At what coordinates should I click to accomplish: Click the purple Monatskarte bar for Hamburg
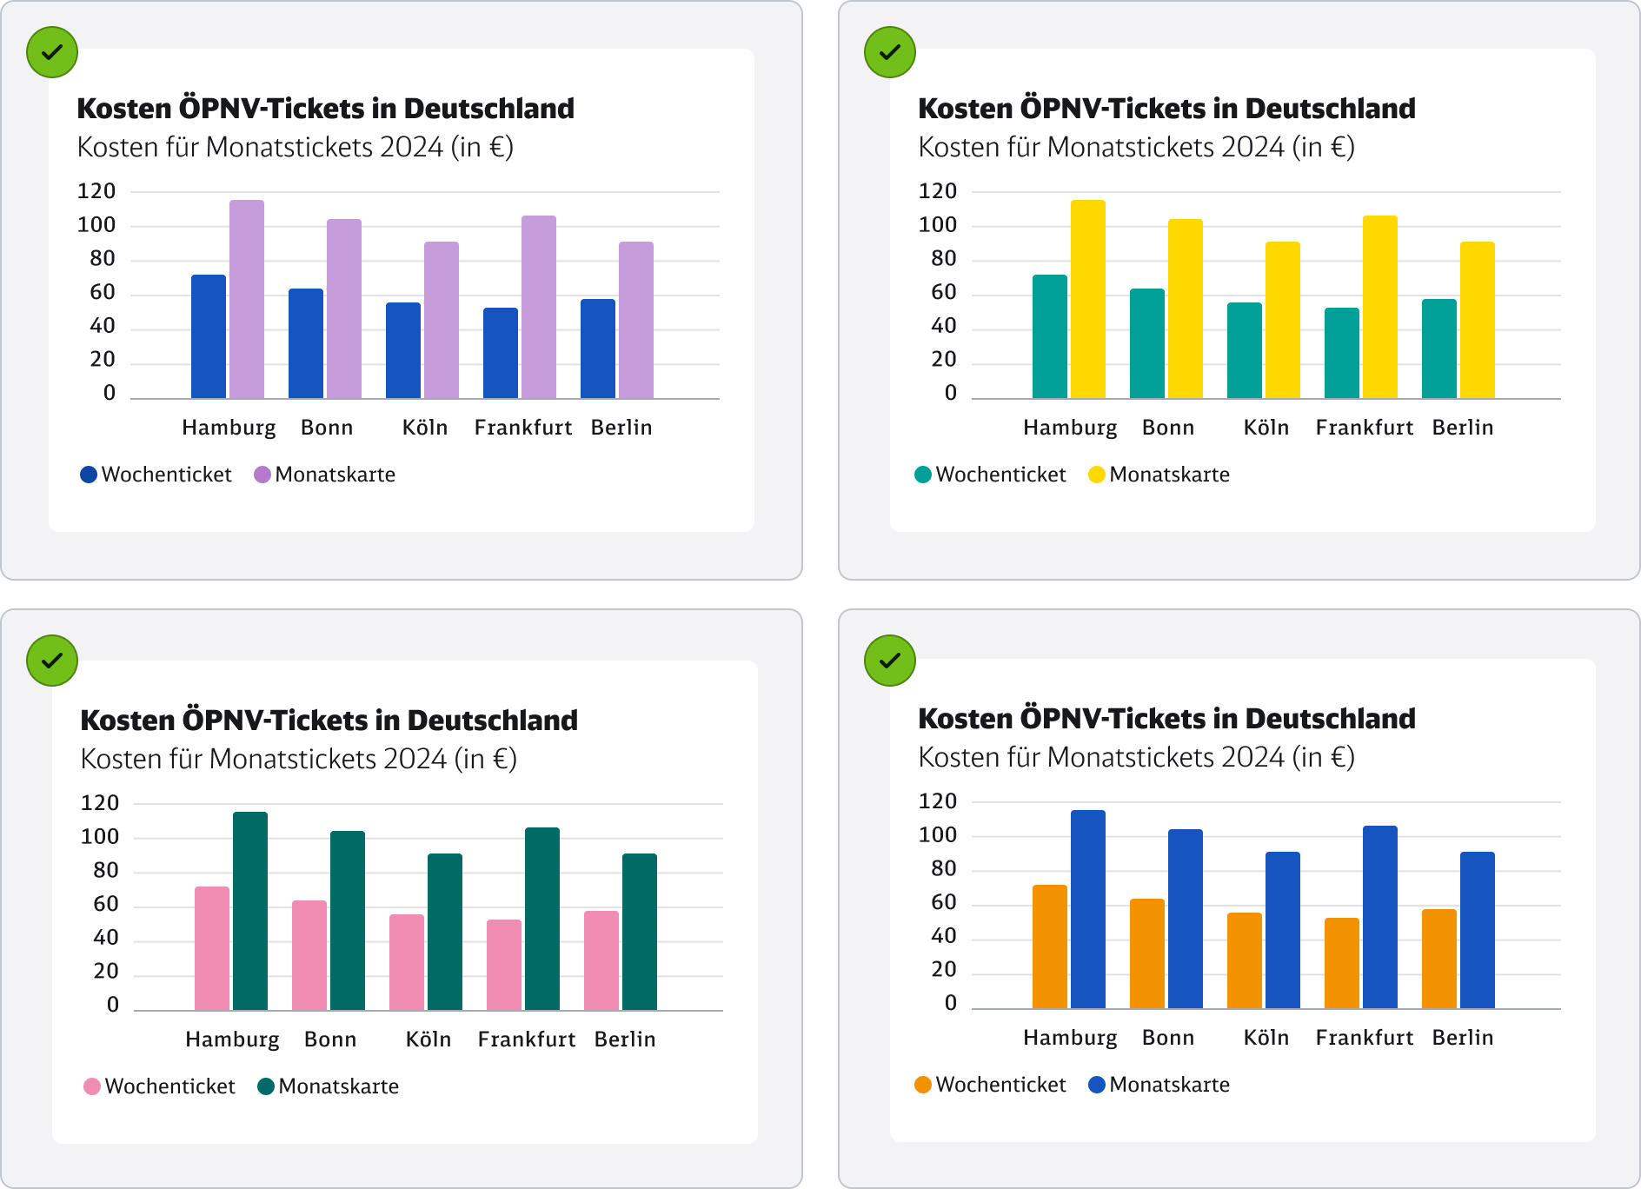(x=247, y=300)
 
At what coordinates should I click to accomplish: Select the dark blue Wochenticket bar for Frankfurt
(x=501, y=354)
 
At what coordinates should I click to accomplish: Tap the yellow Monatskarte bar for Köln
(x=1283, y=321)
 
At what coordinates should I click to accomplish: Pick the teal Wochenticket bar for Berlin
(x=1439, y=349)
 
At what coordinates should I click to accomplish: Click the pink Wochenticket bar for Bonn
(x=309, y=956)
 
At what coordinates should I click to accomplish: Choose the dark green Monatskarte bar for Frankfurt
(x=542, y=920)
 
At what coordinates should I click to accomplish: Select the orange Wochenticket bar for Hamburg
(x=1050, y=947)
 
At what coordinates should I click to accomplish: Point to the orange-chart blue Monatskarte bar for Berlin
(x=1478, y=931)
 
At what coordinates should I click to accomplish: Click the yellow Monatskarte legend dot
(x=1097, y=475)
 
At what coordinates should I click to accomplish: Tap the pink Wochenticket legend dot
(x=92, y=1086)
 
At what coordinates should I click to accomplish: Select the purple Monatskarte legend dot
(x=262, y=475)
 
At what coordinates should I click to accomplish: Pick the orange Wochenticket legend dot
(x=923, y=1085)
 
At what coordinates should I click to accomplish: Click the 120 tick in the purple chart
(x=96, y=191)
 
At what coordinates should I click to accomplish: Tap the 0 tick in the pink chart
(x=113, y=1006)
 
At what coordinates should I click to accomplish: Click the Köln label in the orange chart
(x=1266, y=1038)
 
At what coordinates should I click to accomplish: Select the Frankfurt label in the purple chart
(x=523, y=428)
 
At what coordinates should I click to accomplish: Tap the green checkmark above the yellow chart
(x=890, y=52)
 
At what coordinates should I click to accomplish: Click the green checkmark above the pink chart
(x=52, y=661)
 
